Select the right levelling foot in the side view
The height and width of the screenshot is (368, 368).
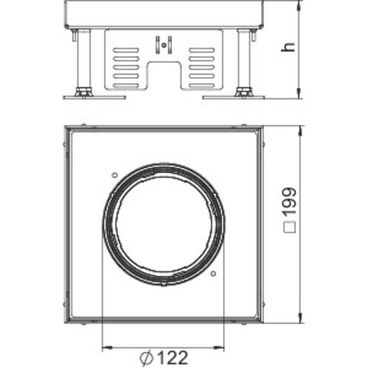(x=244, y=93)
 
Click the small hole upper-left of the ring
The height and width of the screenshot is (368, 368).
(x=114, y=174)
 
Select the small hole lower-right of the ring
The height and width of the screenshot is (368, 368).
(x=213, y=273)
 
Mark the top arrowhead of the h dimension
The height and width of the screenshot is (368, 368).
(x=296, y=5)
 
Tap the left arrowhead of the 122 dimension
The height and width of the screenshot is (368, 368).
(x=106, y=347)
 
